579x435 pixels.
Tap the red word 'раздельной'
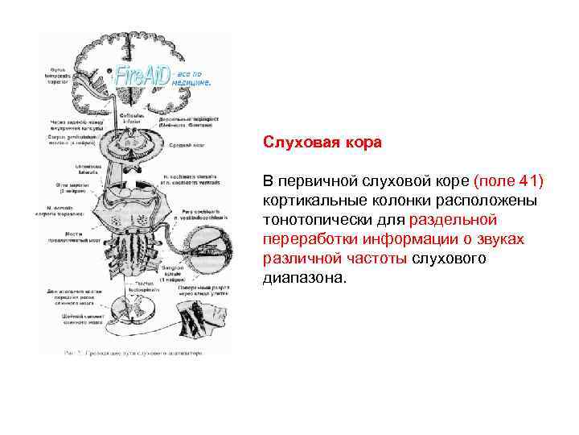(x=453, y=219)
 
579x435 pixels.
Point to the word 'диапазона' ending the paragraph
(x=302, y=280)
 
